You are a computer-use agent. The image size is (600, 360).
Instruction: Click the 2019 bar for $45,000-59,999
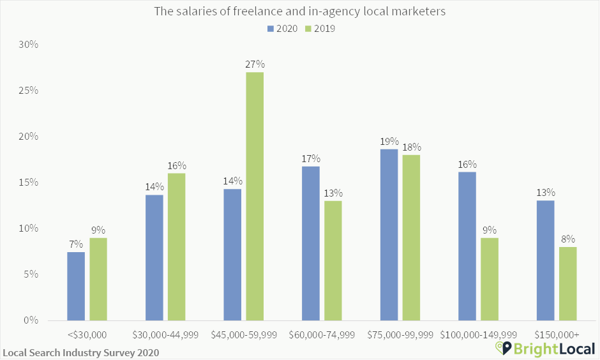[255, 196]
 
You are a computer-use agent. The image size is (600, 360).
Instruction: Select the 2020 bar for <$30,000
[76, 286]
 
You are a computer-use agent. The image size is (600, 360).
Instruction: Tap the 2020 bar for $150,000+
[545, 260]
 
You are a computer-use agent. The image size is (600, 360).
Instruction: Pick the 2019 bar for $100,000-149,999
[490, 279]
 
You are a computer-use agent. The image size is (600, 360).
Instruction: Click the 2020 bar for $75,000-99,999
[389, 234]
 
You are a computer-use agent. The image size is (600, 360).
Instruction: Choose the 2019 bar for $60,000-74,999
[333, 260]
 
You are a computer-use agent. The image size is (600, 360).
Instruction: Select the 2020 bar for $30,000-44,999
[154, 257]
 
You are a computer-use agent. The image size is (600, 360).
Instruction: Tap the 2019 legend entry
[320, 28]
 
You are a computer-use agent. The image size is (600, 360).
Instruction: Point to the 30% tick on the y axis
[29, 45]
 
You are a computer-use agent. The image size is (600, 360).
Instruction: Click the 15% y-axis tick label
[29, 183]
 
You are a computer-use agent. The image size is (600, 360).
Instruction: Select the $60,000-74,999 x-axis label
[322, 334]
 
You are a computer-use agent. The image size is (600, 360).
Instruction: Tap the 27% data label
[255, 64]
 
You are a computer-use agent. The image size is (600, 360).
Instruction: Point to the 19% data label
[389, 141]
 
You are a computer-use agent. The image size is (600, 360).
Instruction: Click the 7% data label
[76, 244]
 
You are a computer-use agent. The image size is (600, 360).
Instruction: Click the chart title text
[299, 11]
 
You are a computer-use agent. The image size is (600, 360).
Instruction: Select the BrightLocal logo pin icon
[504, 348]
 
